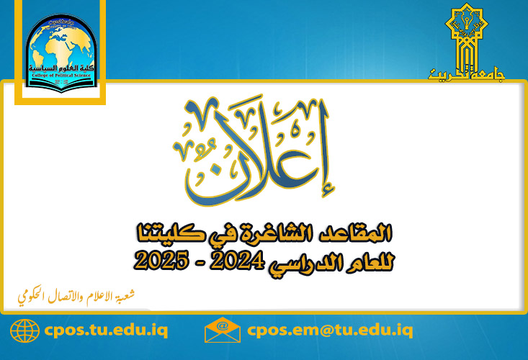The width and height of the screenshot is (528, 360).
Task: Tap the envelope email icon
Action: (222, 330)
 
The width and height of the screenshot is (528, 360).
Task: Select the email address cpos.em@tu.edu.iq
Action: (330, 330)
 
